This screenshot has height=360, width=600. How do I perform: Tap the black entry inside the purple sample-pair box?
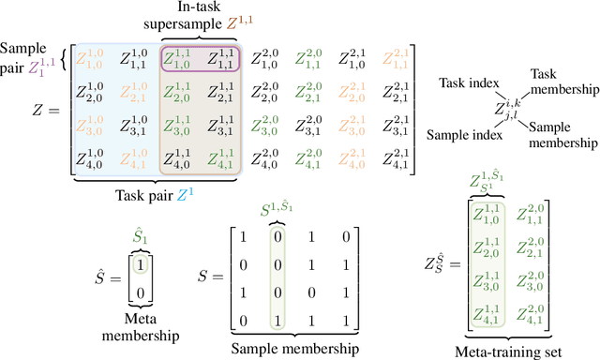pyautogui.click(x=220, y=61)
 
